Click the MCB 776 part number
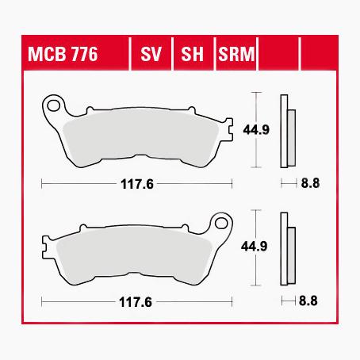(63, 54)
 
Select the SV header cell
(151, 54)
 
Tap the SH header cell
(192, 54)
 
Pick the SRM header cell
(236, 54)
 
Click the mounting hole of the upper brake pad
(53, 105)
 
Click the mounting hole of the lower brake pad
(221, 224)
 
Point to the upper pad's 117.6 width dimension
(137, 184)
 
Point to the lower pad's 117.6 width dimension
(136, 302)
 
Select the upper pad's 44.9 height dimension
(256, 130)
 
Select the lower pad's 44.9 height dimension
(255, 247)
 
